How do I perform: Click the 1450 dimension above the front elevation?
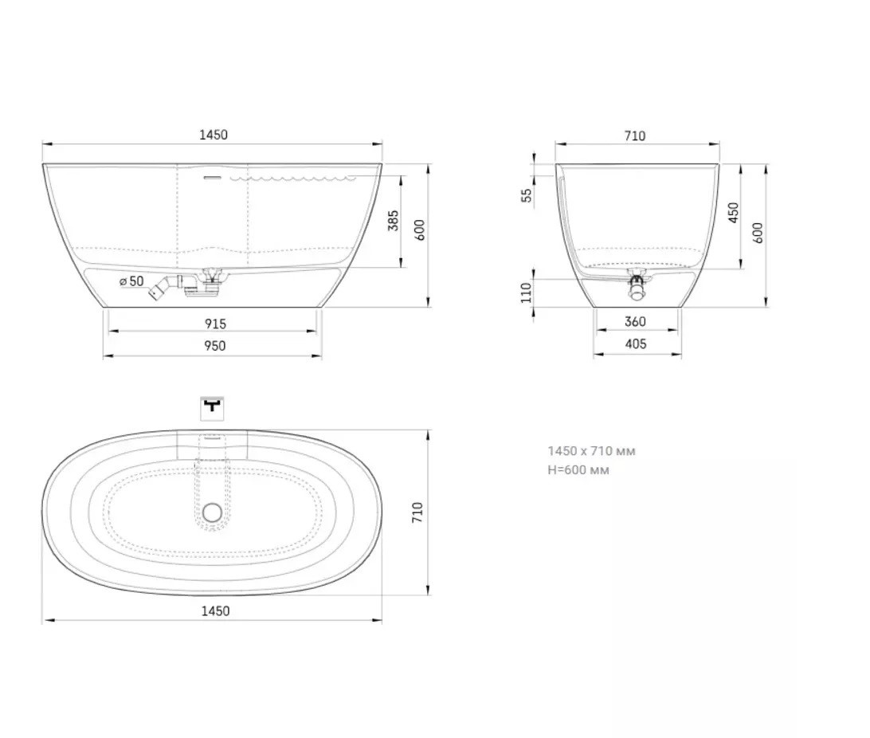pos(214,135)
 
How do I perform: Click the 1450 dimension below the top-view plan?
pos(215,611)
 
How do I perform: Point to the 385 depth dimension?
pos(394,221)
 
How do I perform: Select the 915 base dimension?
pos(215,324)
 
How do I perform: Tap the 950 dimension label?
pos(215,346)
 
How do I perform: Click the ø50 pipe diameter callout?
pos(131,281)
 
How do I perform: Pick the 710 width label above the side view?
pos(635,136)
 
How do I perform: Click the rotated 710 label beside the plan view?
pos(417,512)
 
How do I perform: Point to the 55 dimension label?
pos(527,195)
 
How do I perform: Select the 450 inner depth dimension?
pos(734,213)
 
